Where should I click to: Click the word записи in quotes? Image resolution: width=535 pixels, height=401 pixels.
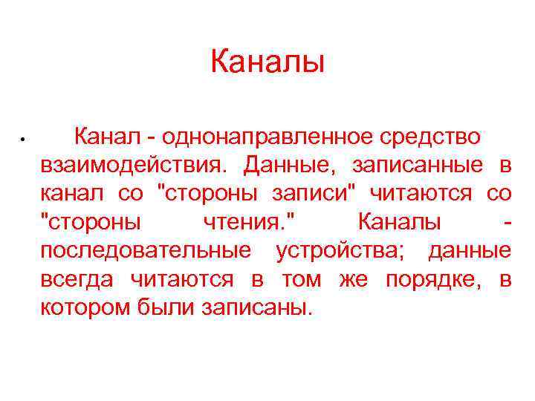pyautogui.click(x=306, y=194)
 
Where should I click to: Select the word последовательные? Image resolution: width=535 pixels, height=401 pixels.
pyautogui.click(x=146, y=250)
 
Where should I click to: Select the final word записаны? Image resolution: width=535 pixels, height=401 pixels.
pyautogui.click(x=253, y=307)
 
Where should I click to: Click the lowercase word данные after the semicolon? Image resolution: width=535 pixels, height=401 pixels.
pyautogui.click(x=470, y=250)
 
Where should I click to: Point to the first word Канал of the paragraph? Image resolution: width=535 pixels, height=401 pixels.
pyautogui.click(x=108, y=137)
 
